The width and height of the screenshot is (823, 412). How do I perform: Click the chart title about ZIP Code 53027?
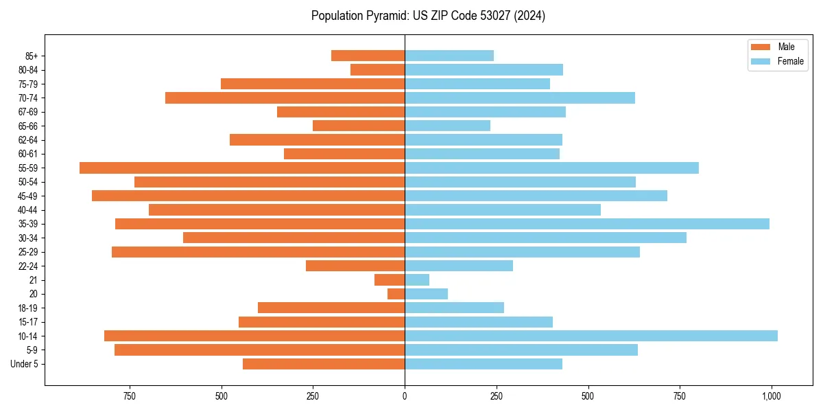click(428, 16)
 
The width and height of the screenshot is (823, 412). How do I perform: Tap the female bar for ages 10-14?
click(591, 336)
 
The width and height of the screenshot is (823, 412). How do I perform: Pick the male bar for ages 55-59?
click(242, 168)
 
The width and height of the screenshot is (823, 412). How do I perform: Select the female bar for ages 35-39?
click(587, 224)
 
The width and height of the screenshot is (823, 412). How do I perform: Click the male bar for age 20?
click(396, 294)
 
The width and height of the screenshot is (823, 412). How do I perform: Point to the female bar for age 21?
click(417, 279)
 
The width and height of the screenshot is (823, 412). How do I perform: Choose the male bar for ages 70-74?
click(285, 98)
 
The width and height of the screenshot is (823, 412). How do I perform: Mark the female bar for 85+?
click(449, 56)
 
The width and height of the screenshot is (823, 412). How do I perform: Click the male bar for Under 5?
click(324, 364)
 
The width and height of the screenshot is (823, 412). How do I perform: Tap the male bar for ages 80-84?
click(378, 69)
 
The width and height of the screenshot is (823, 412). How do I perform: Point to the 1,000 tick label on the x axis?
click(772, 396)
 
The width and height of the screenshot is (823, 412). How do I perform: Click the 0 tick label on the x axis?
click(405, 396)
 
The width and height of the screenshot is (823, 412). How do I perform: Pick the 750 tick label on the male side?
click(130, 396)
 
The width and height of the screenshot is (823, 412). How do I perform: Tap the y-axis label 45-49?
click(28, 196)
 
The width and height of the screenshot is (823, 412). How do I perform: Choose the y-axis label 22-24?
click(28, 266)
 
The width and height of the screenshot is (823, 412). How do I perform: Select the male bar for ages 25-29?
click(259, 252)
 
